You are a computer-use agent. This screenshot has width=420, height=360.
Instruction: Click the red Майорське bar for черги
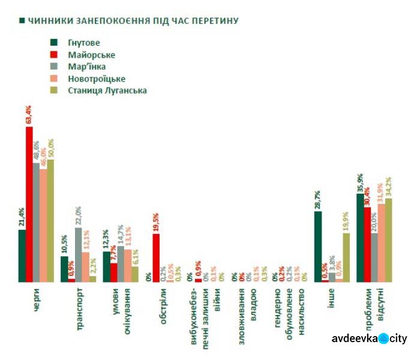click(x=29, y=204)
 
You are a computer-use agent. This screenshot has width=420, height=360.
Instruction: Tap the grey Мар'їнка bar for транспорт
click(x=79, y=254)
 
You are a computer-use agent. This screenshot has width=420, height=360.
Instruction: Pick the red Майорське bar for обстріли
click(x=156, y=257)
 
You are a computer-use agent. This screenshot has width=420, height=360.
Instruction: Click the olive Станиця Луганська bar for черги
click(x=50, y=220)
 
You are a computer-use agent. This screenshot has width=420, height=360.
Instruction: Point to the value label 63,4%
click(x=29, y=115)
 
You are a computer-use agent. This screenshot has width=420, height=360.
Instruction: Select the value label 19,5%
click(x=156, y=221)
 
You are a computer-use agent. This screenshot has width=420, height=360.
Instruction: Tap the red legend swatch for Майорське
click(x=53, y=55)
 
